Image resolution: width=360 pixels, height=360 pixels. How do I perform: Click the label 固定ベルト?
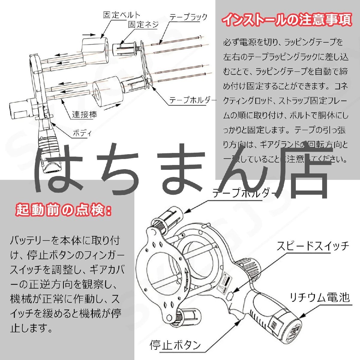click(121, 15)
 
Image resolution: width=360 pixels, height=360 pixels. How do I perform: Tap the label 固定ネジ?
click(143, 25)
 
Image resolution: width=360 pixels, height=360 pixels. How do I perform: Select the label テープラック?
click(188, 17)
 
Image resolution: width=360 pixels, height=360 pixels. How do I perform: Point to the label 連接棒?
click(84, 115)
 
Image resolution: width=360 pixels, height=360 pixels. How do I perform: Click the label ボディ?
click(82, 133)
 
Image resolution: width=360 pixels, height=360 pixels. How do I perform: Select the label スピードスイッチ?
click(313, 246)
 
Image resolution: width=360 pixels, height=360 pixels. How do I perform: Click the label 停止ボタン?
click(175, 345)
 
